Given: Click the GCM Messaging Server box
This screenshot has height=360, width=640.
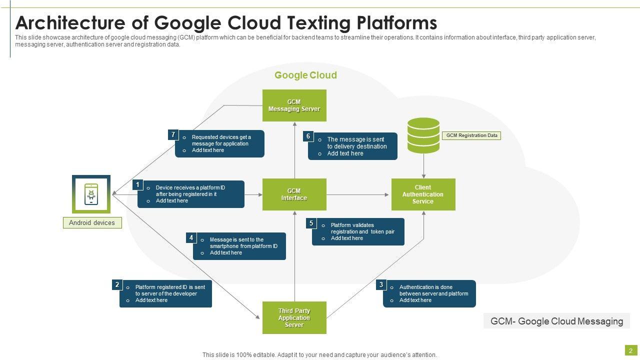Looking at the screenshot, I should pos(294,105).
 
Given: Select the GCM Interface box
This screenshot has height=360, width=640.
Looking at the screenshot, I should pos(294,194).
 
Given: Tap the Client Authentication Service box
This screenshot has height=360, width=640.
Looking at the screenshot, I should pos(423,194).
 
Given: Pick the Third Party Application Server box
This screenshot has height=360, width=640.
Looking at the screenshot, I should pos(294,317).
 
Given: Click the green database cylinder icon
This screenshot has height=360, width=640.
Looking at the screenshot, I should pos(423,135).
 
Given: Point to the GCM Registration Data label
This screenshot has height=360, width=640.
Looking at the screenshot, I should pos(472,135).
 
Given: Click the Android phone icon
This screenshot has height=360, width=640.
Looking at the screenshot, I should pos(91,194).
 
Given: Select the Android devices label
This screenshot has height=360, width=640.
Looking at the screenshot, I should pos(92,223).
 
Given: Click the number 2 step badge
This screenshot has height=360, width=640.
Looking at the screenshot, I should pos(117,285).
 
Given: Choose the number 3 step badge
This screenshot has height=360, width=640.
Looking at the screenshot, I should pos(381,285).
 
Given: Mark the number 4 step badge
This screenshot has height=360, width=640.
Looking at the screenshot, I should pos(191,238).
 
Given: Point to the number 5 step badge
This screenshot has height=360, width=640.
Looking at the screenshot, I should pos(311,223).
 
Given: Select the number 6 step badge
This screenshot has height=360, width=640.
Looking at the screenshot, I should pos(308,136).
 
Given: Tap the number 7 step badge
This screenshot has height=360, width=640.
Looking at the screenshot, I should pos(173,135).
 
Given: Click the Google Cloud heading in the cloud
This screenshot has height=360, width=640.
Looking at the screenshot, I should pos(305,75).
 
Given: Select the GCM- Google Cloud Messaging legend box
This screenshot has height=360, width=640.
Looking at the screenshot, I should pos(556,321).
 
